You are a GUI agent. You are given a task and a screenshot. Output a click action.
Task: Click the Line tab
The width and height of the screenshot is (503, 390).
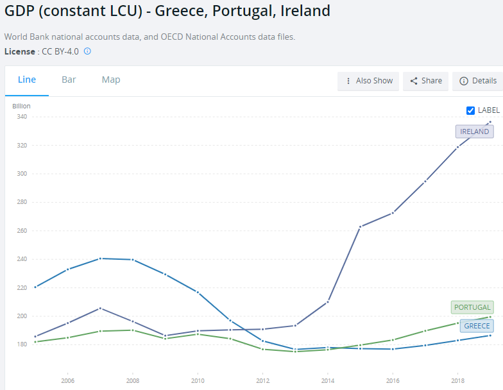[27, 80]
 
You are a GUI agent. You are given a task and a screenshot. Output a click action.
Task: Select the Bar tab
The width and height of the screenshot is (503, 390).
[69, 80]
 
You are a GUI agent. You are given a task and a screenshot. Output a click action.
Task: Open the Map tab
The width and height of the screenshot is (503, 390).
[111, 80]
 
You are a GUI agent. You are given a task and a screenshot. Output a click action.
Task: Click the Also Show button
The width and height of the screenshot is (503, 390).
[368, 81]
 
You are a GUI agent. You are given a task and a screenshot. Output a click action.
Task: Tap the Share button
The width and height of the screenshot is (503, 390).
[426, 81]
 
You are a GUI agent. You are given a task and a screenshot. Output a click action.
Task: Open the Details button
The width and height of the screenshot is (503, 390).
[478, 81]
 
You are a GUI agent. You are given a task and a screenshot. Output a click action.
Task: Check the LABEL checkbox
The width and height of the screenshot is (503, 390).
[470, 110]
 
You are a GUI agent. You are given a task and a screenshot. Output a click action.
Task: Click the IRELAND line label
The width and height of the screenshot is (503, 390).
[475, 131]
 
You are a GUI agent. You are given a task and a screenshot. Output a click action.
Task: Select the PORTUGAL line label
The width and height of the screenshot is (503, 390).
[472, 307]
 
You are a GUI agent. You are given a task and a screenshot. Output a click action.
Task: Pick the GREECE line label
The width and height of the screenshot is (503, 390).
[477, 326]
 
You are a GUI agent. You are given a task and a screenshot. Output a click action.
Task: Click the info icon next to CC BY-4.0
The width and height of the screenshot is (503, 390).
[87, 51]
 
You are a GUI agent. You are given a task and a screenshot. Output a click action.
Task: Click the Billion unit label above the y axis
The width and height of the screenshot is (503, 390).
[22, 106]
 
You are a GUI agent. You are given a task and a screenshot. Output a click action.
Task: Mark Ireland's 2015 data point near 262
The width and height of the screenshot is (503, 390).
[360, 227]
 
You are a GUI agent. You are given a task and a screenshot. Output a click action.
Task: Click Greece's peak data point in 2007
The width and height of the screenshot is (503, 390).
[100, 259]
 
